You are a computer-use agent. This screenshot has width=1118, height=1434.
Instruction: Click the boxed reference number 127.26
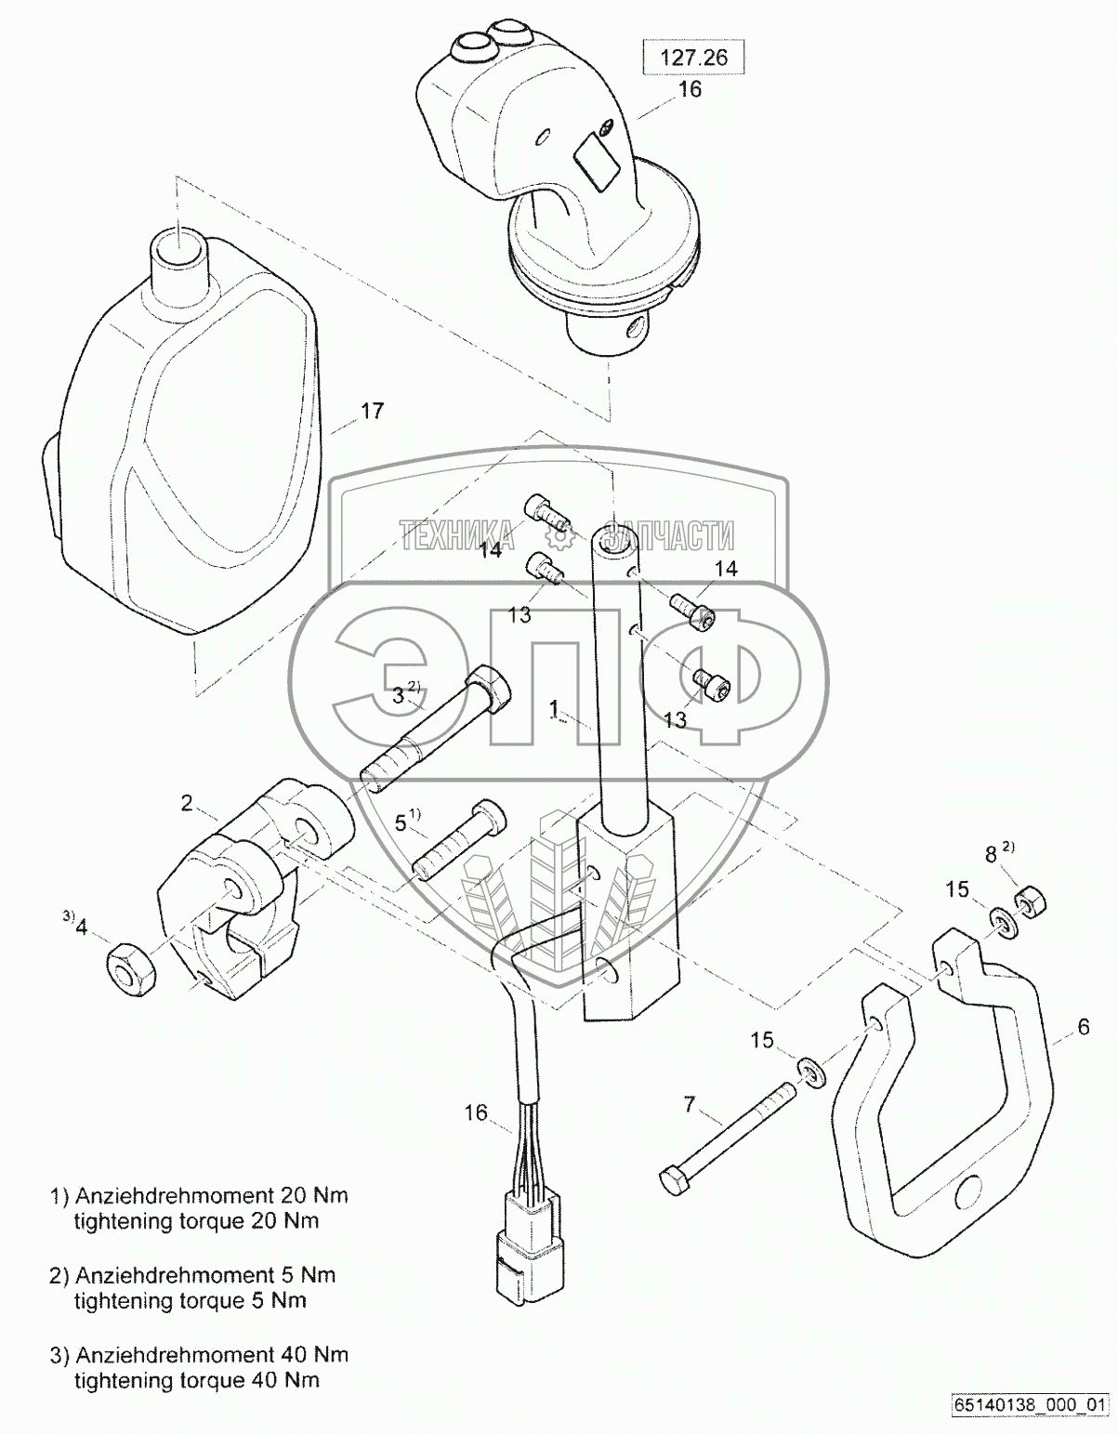tap(694, 58)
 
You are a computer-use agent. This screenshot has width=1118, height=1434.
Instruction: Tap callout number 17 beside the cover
tap(372, 411)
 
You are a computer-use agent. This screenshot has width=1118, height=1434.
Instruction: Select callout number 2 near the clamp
tap(187, 803)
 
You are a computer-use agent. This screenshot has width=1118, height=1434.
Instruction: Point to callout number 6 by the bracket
tap(1083, 1027)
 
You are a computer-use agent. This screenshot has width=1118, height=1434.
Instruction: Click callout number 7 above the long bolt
tap(689, 1105)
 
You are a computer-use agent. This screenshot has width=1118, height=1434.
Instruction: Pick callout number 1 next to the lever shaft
tap(554, 709)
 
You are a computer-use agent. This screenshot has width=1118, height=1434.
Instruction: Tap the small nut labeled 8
tap(1028, 901)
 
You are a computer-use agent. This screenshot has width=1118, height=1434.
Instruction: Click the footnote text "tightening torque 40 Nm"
tap(196, 1380)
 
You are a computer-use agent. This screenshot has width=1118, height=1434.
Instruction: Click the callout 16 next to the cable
tap(476, 1112)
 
